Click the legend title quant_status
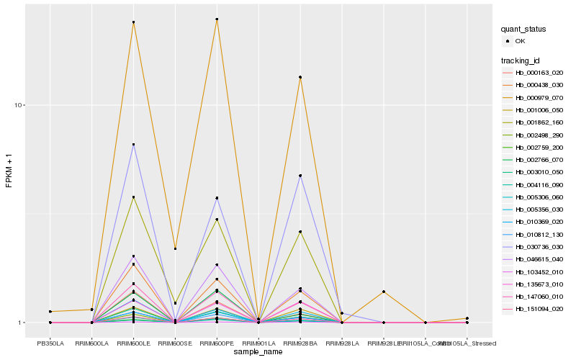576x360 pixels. coord(523,30)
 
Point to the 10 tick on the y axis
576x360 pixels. coord(19,105)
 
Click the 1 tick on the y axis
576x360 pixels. coord(22,323)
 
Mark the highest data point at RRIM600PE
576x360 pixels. coord(217,19)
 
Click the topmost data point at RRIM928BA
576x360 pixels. coord(300,77)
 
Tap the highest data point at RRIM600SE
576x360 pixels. coord(175,248)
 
